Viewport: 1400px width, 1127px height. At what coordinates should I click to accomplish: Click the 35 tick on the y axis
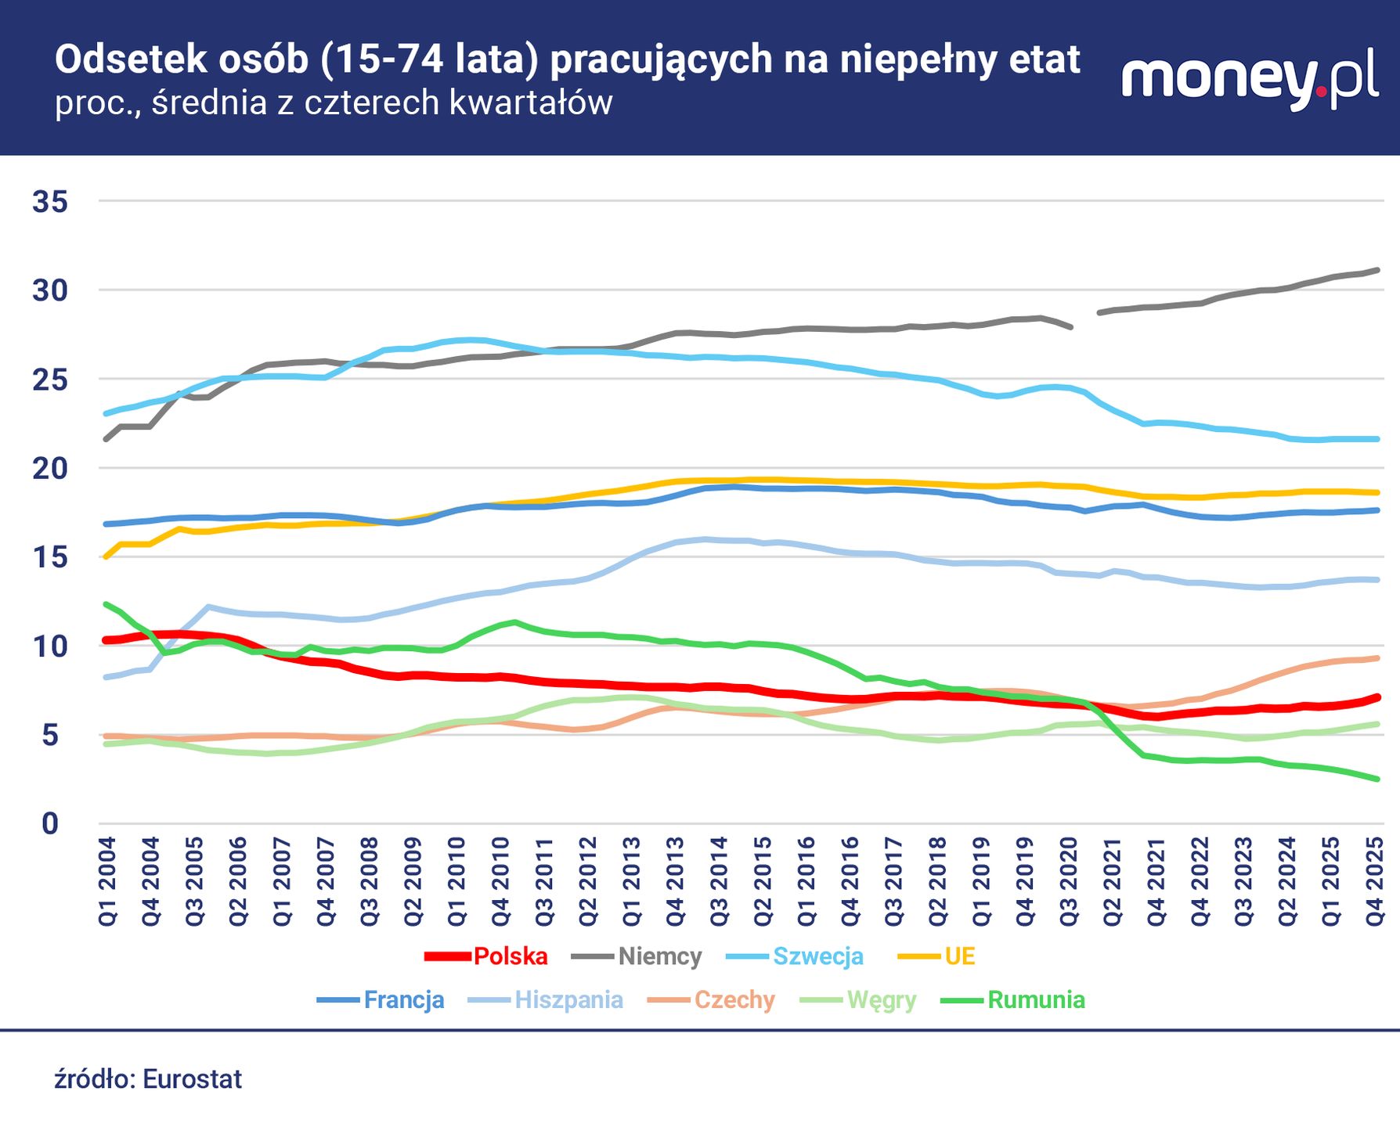[50, 202]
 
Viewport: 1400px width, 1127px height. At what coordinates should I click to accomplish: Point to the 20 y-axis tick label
[50, 469]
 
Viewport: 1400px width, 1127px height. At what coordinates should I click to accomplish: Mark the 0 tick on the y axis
[50, 824]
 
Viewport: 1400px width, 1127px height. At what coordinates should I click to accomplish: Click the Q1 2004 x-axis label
[107, 882]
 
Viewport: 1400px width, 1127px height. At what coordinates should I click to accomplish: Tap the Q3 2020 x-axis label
[1069, 882]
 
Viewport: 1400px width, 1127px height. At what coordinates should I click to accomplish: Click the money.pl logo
[1250, 78]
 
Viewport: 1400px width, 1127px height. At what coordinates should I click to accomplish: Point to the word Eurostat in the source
[192, 1079]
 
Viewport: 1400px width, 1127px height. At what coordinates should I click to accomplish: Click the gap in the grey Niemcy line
[1085, 320]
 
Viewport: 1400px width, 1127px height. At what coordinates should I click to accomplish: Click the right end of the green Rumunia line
[1377, 779]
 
